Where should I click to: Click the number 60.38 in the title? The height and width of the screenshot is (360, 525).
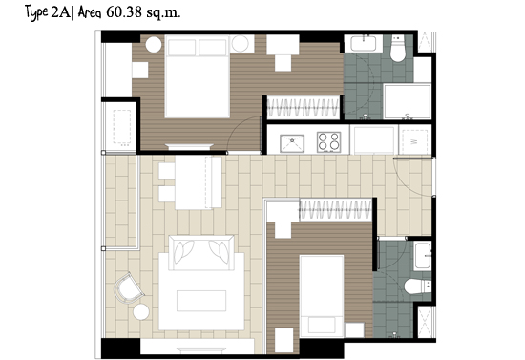click(123, 12)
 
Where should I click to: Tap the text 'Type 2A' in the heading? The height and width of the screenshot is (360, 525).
click(47, 12)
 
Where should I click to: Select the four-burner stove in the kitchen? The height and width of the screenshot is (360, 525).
click(328, 141)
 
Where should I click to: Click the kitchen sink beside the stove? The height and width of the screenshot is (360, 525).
click(292, 143)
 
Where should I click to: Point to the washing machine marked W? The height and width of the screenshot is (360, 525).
click(415, 141)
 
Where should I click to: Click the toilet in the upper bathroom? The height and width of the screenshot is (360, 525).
click(397, 49)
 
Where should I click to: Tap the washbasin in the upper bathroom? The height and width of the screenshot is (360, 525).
click(364, 44)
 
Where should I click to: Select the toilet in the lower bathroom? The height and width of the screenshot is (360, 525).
click(417, 286)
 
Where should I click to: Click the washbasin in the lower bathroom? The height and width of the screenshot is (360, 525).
click(422, 256)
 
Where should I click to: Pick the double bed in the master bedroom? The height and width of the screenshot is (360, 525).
click(198, 76)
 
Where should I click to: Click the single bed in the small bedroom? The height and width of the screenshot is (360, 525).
click(322, 296)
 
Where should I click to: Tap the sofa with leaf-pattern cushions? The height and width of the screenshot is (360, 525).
click(201, 252)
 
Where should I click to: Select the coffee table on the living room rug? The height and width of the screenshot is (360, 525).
click(201, 301)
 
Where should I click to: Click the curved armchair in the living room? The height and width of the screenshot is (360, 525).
click(129, 288)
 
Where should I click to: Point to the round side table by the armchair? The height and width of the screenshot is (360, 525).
click(141, 312)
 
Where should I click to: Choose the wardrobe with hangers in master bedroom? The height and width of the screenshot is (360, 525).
click(304, 108)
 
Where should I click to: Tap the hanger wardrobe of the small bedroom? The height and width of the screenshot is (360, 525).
click(336, 210)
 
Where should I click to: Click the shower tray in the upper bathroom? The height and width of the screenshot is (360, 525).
click(408, 101)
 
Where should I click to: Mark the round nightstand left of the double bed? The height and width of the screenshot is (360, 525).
click(154, 45)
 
